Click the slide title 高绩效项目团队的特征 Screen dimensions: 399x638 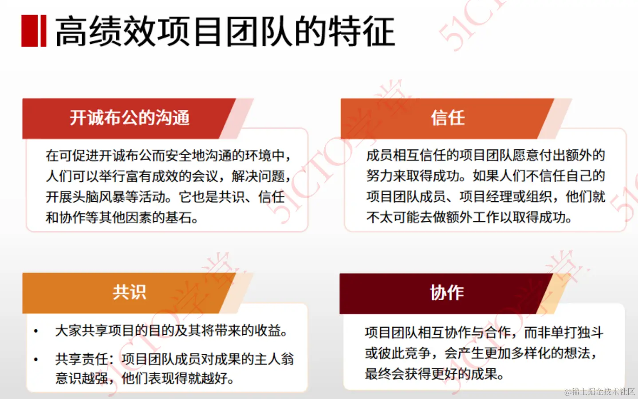224,31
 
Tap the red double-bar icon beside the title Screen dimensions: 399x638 34,31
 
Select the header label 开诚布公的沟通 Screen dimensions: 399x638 130,118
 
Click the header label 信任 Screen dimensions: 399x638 448,118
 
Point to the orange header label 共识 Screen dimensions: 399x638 129,292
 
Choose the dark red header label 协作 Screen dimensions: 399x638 447,293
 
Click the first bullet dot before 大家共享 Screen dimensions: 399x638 36,331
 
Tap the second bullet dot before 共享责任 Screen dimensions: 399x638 36,360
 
